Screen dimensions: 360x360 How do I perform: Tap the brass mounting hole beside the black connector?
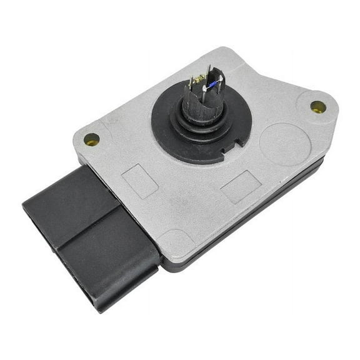pos(91,139)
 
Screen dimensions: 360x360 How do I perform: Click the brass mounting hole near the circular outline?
pos(318,106)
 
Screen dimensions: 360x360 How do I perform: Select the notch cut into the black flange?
pos(237,142)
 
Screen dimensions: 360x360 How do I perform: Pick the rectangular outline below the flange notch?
pos(241,186)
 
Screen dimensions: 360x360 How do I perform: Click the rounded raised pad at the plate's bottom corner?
pos(178,244)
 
